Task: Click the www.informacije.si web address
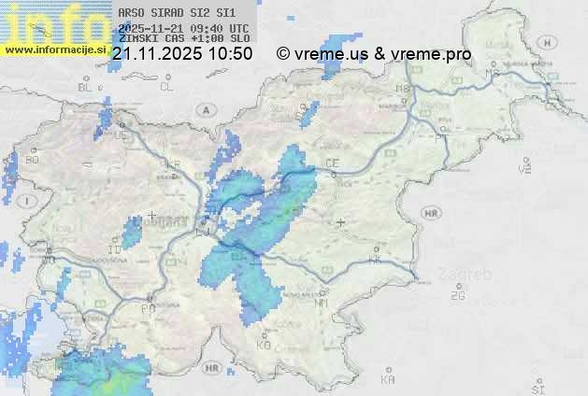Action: click(x=54, y=49)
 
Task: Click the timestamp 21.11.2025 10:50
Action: click(x=181, y=54)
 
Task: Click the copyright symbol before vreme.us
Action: click(x=283, y=54)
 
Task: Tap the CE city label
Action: click(x=331, y=163)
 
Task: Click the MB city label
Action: click(x=404, y=90)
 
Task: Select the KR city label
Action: click(x=173, y=164)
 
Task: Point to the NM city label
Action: click(x=322, y=304)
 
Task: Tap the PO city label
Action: click(x=148, y=307)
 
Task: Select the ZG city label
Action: click(x=457, y=296)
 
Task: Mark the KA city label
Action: click(x=388, y=380)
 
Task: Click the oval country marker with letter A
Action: click(x=205, y=109)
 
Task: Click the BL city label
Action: click(x=86, y=87)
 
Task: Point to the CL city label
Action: click(x=166, y=87)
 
